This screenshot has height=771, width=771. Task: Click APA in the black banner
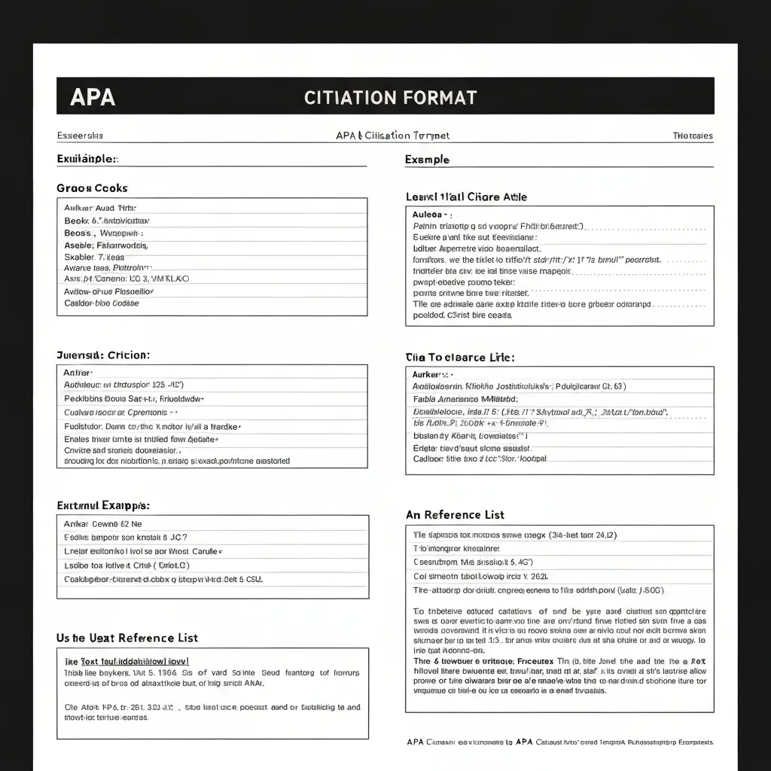click(x=93, y=97)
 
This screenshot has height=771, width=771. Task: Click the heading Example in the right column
click(x=427, y=160)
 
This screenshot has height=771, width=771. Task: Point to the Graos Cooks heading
click(x=92, y=188)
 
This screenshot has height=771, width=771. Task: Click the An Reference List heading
click(x=455, y=515)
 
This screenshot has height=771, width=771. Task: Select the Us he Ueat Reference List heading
click(x=127, y=638)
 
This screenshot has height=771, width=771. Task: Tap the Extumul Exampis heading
click(x=102, y=505)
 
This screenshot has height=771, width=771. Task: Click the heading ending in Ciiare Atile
click(x=466, y=197)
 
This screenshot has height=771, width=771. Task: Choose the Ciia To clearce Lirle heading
click(x=460, y=358)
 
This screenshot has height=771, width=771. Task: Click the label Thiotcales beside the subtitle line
click(x=692, y=136)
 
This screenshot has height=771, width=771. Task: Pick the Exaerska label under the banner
click(x=80, y=136)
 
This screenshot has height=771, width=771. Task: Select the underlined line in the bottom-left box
click(x=125, y=660)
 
